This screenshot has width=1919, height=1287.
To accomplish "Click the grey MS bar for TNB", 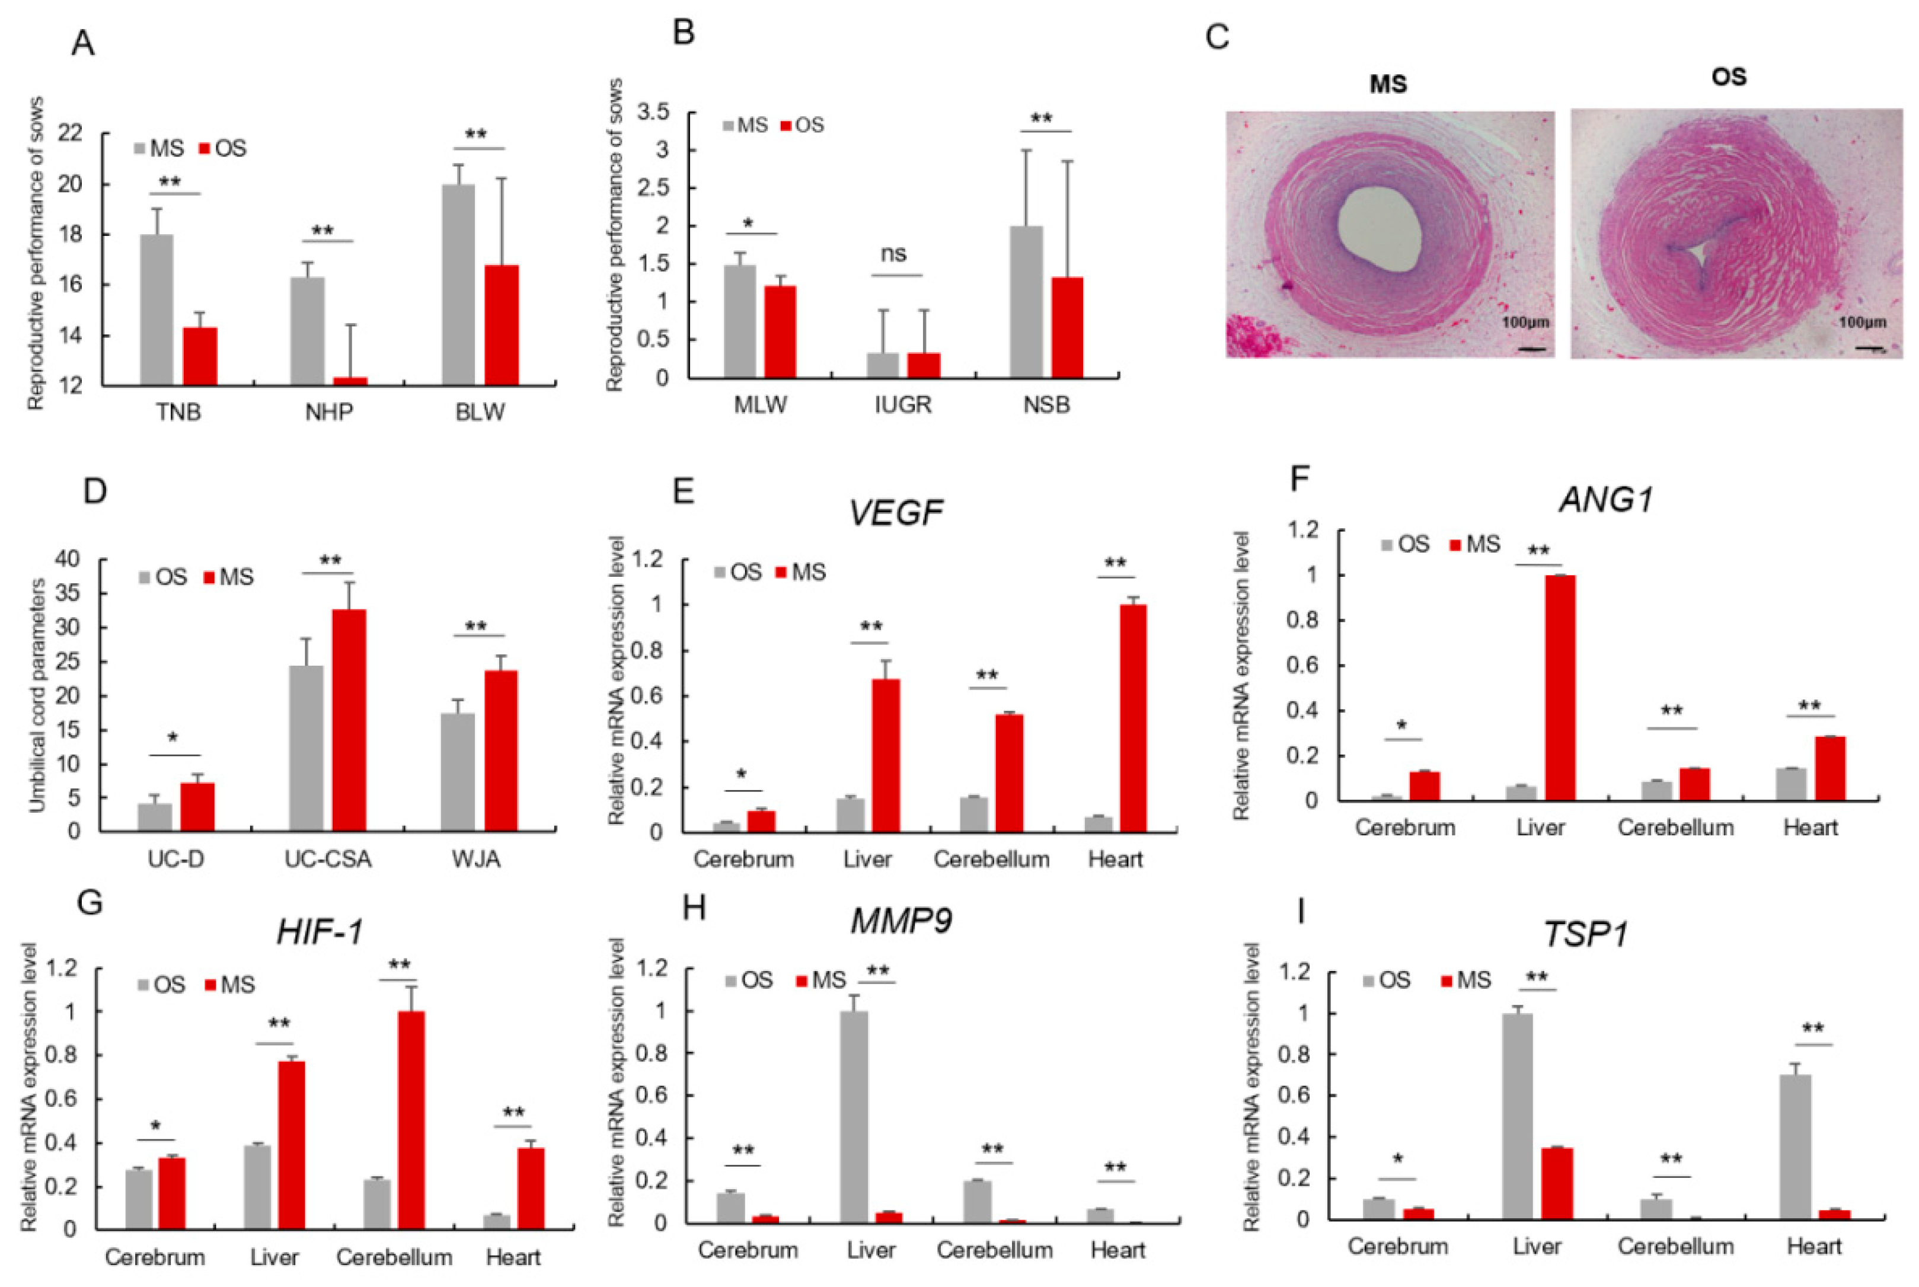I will coord(156,309).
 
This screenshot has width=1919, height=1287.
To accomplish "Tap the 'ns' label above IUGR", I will coord(894,254).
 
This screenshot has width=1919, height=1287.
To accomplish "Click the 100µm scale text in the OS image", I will coord(1861,322).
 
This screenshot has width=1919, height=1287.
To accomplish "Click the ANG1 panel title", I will coord(1605,500).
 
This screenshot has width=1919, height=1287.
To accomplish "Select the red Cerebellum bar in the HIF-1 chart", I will coord(410,1120).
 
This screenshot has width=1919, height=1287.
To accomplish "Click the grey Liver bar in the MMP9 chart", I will coord(854,1117).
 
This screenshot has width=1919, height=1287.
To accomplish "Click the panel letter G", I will coord(89,903).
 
